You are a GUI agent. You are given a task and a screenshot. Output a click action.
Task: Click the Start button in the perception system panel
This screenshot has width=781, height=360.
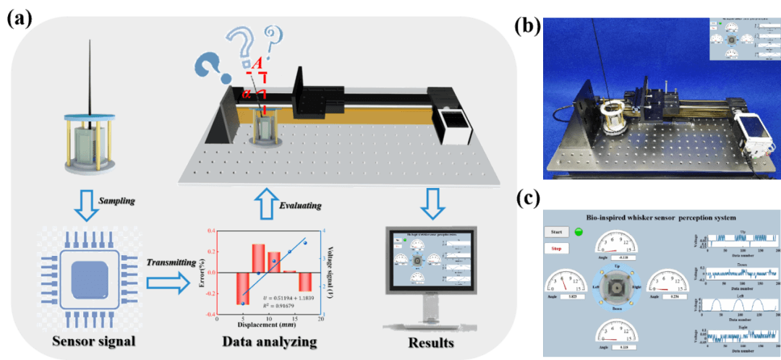pyautogui.click(x=556, y=232)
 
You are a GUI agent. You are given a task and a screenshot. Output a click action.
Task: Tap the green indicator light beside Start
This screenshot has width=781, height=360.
pyautogui.click(x=579, y=232)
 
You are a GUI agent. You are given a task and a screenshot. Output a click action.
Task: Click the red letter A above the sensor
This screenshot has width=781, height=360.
pyautogui.click(x=256, y=66)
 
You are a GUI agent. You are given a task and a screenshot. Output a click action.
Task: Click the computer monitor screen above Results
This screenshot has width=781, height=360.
pyautogui.click(x=431, y=260)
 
